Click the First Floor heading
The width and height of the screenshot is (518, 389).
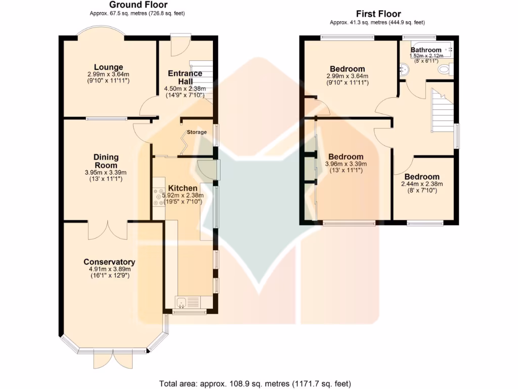378,14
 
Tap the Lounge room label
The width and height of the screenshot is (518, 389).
108,67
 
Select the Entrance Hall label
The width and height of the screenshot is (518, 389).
185,77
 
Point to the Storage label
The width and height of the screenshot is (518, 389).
197,132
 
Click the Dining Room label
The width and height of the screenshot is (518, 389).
106,161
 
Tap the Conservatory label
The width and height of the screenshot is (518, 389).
109,262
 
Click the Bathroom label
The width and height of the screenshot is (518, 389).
426,50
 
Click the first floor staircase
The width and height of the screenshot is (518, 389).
442,109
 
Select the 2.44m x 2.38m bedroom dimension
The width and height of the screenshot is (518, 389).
422,184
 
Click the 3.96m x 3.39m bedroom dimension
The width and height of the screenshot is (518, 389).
346,164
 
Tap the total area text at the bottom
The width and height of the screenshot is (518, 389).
255,383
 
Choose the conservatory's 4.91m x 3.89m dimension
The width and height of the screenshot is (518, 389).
109,269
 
